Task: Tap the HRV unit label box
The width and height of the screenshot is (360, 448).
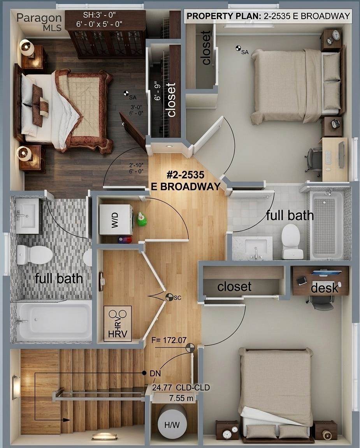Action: click(118, 324)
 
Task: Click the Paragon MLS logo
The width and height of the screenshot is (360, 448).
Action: click(39, 22)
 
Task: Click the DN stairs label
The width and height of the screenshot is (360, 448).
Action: click(155, 373)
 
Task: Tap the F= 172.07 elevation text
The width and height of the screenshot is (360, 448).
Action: click(169, 340)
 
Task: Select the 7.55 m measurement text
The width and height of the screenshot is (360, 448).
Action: click(181, 398)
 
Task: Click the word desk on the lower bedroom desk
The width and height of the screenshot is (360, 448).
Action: click(325, 288)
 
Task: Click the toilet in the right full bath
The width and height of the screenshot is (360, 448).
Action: click(292, 241)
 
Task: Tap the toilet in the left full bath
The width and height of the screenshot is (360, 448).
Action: click(34, 254)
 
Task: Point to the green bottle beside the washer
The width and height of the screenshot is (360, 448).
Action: click(142, 219)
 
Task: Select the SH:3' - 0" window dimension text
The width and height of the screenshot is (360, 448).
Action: click(99, 14)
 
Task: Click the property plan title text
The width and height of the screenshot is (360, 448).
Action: click(268, 16)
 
